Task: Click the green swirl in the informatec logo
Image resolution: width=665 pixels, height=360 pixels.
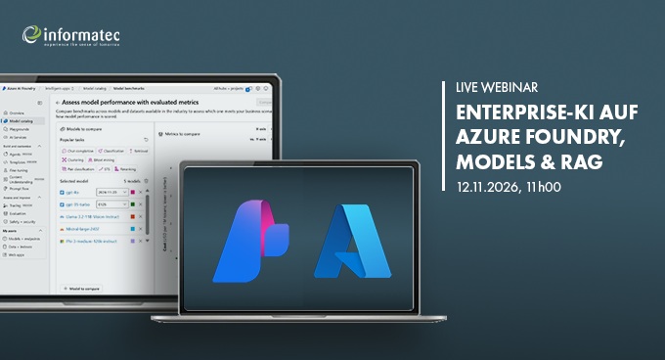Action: [31, 35]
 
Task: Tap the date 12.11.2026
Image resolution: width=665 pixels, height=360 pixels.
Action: [484, 184]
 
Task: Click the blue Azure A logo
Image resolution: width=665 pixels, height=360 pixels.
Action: [347, 240]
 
